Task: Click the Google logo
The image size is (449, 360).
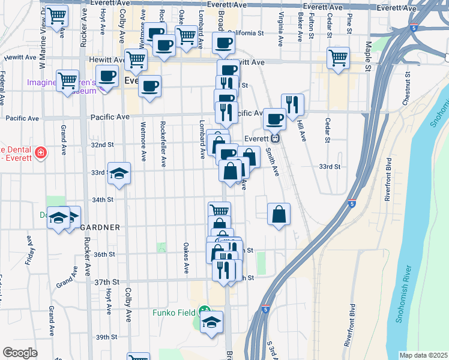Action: point(20,353)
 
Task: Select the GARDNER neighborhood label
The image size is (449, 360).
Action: point(100,227)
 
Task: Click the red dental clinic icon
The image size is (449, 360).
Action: point(40,154)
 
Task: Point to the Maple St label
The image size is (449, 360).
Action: point(369,47)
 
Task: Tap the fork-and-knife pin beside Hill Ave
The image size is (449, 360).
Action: point(292,104)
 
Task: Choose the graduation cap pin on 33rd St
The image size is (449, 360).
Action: point(119,173)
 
